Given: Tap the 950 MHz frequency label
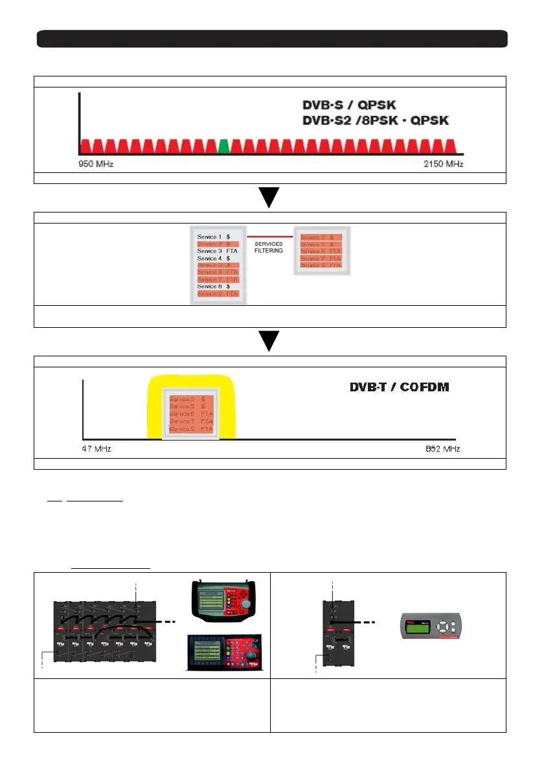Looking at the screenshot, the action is point(96,165).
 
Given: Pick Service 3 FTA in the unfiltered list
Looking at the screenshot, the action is point(214,251).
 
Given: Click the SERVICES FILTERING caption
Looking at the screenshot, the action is point(268,248).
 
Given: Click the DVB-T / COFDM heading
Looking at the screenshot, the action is point(399,387).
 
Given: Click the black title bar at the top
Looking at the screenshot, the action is point(272,38).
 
